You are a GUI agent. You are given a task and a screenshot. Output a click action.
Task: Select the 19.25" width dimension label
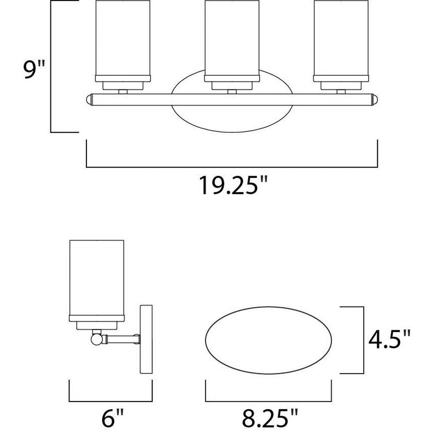point(233,185)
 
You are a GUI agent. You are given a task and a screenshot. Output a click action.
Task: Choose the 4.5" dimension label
point(389,340)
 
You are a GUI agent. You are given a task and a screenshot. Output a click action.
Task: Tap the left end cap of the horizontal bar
point(89,100)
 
